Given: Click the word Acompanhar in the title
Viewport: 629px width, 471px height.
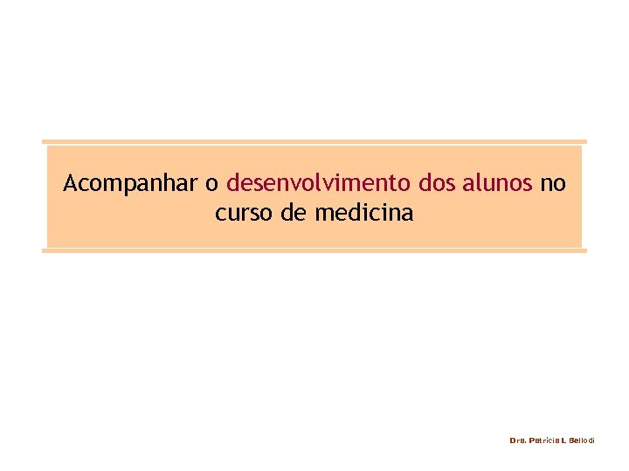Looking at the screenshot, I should [131, 184].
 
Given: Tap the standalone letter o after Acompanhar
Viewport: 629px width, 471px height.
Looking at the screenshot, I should [211, 185].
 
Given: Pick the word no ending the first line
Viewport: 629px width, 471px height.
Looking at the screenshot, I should [553, 185].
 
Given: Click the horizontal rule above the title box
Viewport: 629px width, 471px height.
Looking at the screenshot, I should [314, 141].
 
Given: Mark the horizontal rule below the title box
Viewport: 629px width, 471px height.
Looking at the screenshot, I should [314, 250].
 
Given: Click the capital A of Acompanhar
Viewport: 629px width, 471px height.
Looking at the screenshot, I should [70, 184].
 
